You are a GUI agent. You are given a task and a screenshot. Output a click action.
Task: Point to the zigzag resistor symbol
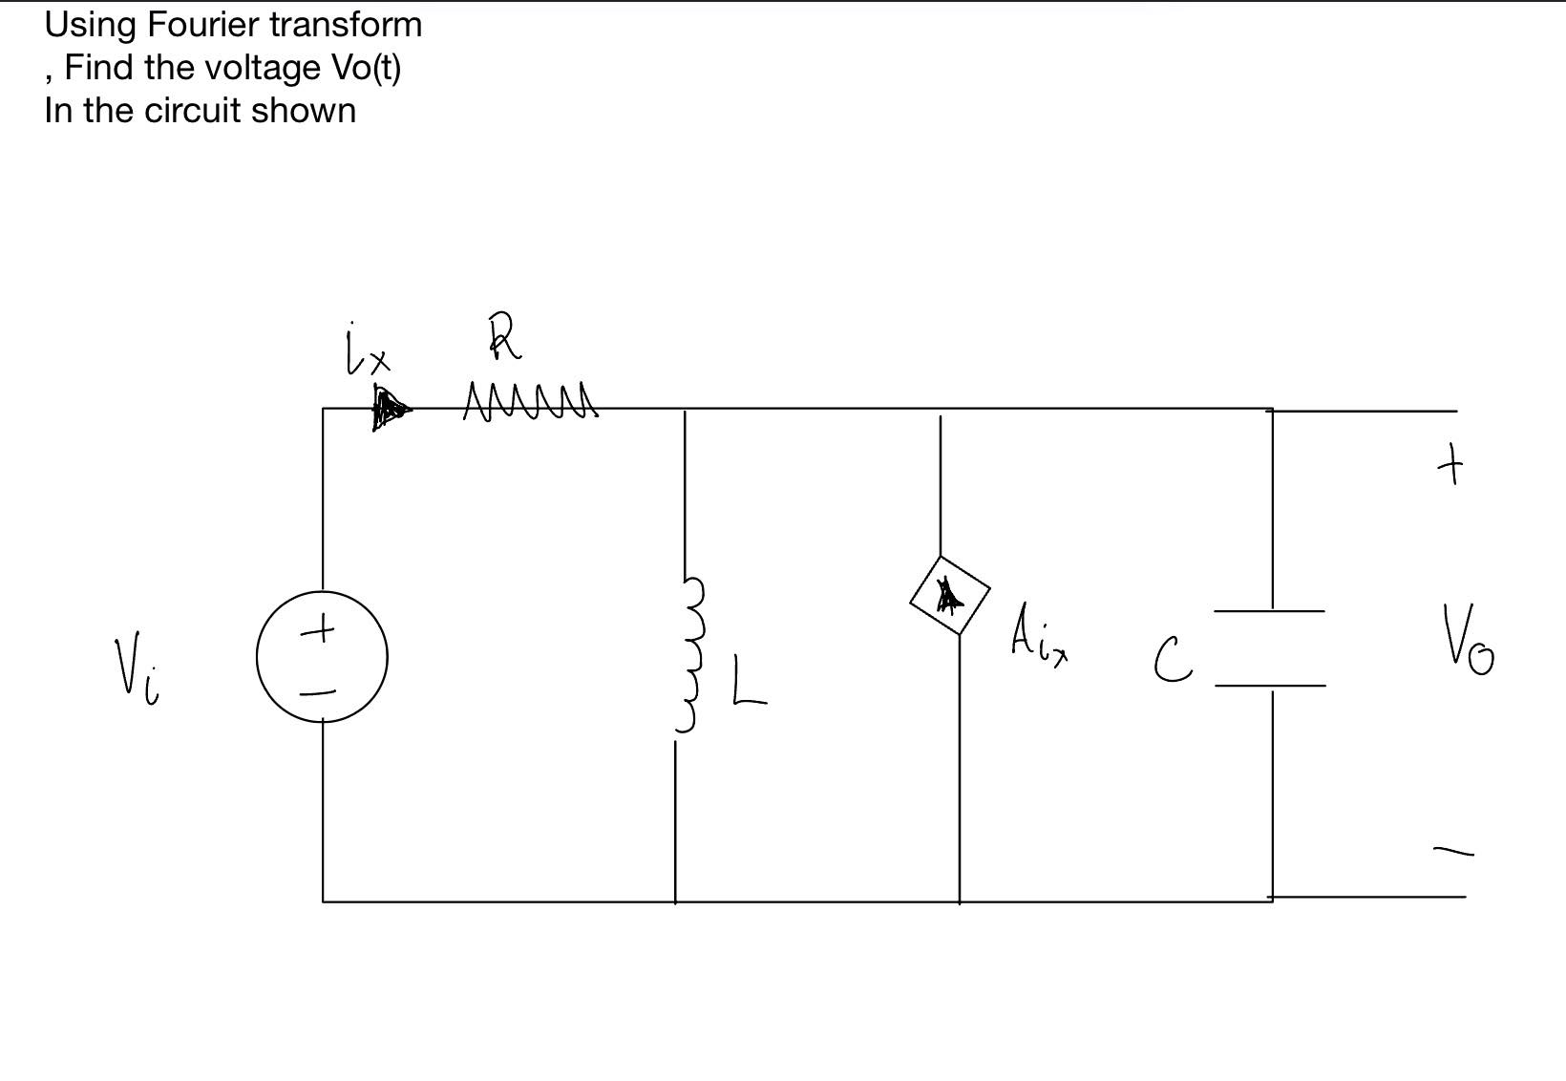530,401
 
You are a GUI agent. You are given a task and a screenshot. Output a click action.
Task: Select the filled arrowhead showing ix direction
390,410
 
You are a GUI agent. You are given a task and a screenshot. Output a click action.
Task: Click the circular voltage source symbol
322,656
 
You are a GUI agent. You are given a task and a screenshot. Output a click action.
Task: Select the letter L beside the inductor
749,682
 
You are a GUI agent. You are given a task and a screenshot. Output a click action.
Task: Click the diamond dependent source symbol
950,596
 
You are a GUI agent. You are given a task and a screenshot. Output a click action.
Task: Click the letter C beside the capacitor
1172,661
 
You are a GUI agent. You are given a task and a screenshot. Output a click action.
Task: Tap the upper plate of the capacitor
1269,610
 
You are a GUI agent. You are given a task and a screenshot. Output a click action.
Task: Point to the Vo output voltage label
1469,640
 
